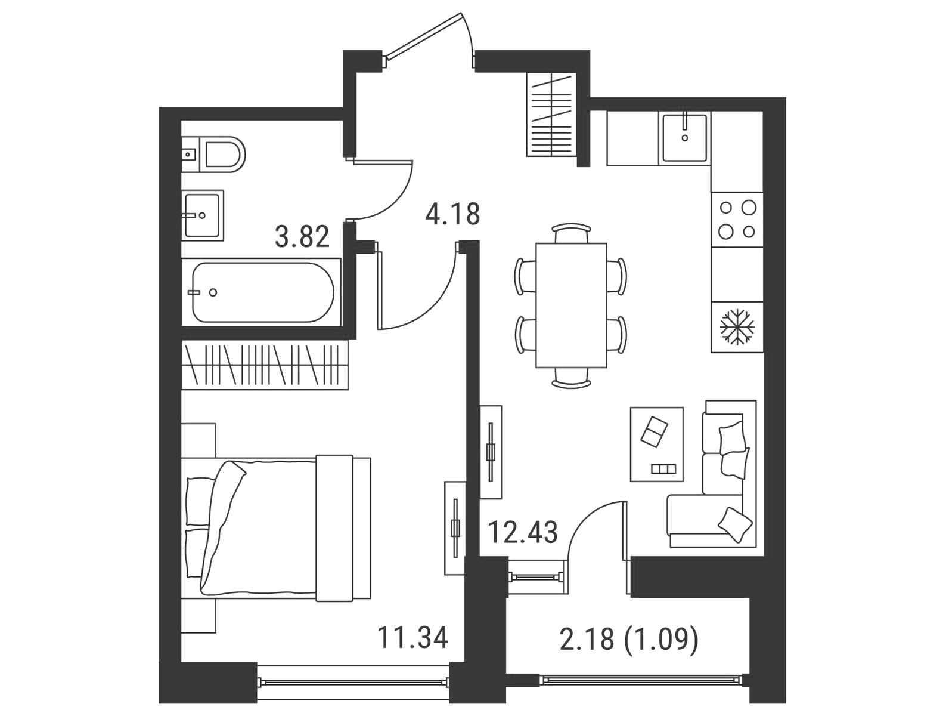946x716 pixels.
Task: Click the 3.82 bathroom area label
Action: coord(302,236)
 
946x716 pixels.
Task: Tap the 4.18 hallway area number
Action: coord(452,214)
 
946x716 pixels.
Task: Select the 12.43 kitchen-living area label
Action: coord(522,532)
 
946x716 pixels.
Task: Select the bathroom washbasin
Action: coord(203,215)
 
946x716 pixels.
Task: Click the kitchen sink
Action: coord(684,138)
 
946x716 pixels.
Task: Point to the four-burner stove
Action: coord(737,220)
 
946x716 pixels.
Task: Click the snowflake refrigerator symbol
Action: coord(737,327)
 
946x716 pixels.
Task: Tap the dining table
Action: coord(571,305)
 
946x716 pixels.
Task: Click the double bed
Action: coord(276,528)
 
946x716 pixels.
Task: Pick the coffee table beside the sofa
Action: coord(657,445)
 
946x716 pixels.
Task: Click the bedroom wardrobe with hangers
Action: coord(265,365)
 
